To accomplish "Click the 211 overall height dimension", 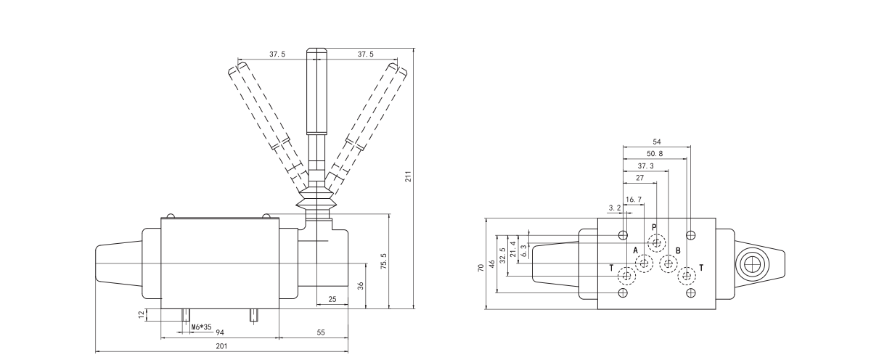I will tap(409, 178).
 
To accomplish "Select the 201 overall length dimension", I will tap(221, 346).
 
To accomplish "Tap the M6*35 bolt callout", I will tap(200, 327).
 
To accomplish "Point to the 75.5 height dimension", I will tap(384, 261).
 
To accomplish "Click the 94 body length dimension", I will tap(219, 332).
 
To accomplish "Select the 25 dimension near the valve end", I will tap(332, 299).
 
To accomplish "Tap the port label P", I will tap(653, 227).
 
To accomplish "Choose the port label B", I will tap(678, 250).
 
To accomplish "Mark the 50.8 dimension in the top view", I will tap(654, 154).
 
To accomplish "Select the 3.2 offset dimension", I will tap(614, 208).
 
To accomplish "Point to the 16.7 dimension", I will tap(633, 199).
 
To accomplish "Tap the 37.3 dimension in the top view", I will tap(645, 165).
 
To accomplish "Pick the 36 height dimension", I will tap(361, 284).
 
